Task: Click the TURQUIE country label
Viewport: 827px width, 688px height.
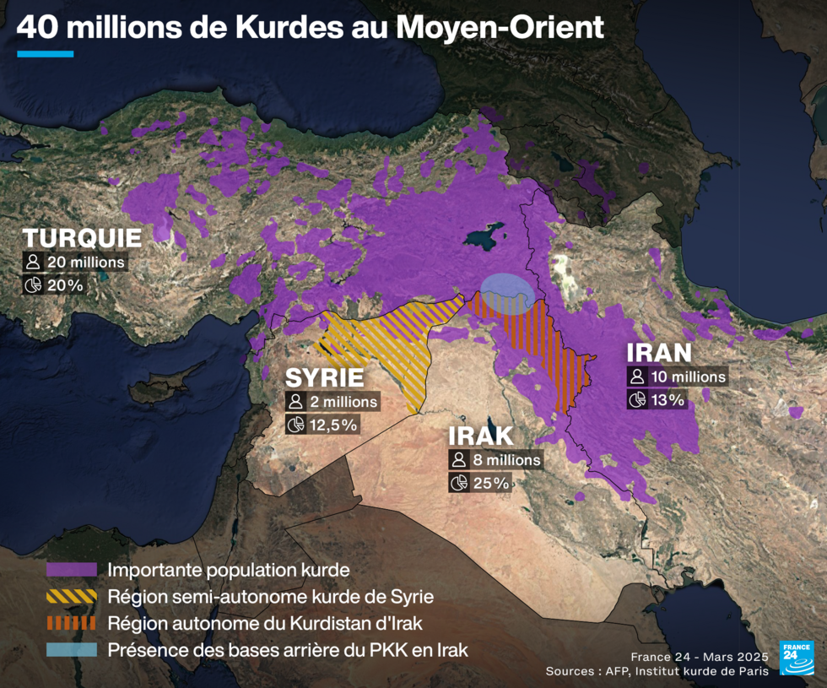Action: click(82, 237)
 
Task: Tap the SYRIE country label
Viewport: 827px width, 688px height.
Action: click(324, 377)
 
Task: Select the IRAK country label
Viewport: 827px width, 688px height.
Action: click(481, 436)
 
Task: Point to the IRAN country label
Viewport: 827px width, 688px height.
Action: click(658, 353)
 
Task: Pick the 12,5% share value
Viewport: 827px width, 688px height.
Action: click(332, 425)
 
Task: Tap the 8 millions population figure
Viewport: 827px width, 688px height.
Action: click(506, 460)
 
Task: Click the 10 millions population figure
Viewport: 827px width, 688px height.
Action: click(688, 377)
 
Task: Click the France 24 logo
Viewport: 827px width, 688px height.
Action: click(796, 658)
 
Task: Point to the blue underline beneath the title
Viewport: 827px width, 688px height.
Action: click(46, 54)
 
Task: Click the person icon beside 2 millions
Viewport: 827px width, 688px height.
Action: click(295, 402)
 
